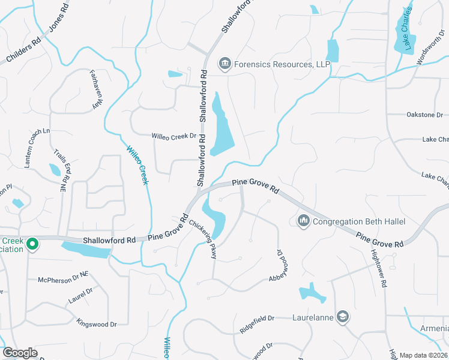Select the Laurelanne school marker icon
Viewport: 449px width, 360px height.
343,317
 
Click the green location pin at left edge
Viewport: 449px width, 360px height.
34,244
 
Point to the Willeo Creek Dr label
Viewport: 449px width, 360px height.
174,136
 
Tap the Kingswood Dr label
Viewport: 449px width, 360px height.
97,324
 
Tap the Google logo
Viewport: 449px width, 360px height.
20,353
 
